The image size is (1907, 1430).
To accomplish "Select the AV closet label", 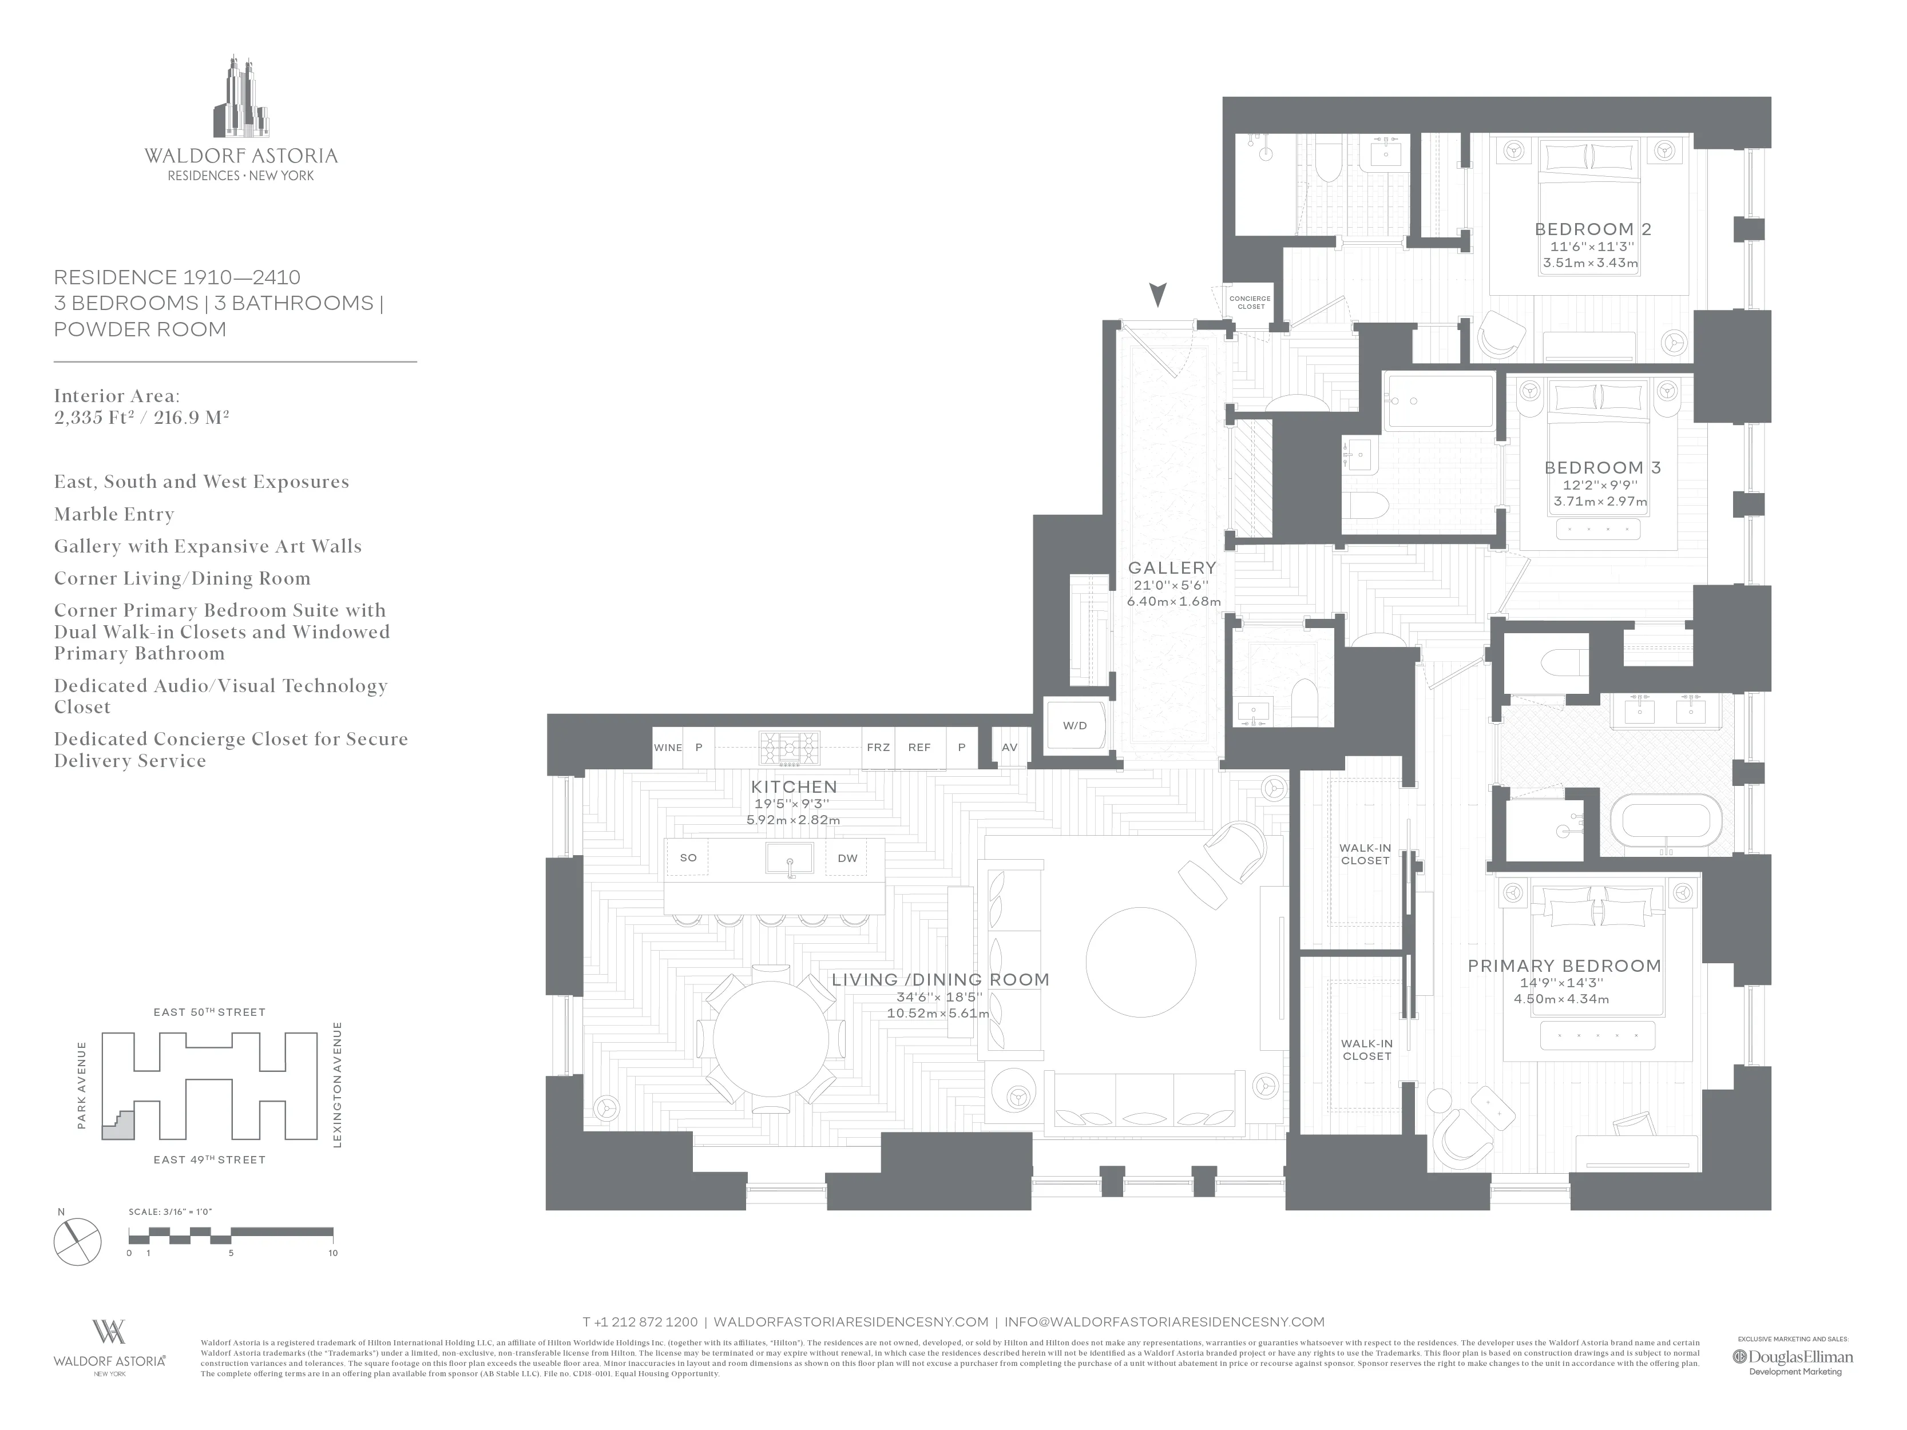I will pos(1009,748).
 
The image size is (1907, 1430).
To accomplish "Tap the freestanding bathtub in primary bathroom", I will pos(1665,824).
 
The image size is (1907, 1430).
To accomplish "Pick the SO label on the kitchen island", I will pos(688,857).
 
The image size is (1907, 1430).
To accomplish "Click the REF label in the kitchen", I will pos(919,748).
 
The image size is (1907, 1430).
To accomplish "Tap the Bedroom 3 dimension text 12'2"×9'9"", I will pos(1600,485).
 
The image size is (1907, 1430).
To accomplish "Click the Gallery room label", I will pos(1172,568).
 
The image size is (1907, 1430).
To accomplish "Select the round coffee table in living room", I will pos(1140,962).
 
